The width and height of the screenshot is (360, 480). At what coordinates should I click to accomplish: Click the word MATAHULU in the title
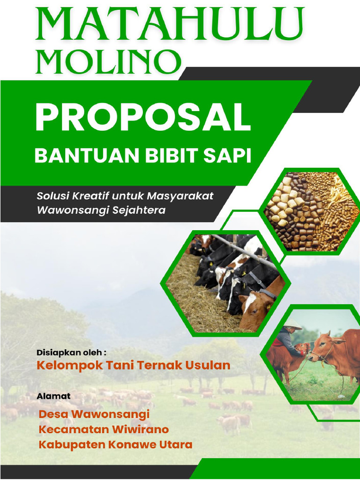[169, 25]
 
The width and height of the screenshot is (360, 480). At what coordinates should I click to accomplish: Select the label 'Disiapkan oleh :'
[71, 352]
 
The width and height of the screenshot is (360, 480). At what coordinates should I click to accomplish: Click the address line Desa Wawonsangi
[94, 414]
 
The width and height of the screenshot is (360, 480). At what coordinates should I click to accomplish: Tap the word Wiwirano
[140, 429]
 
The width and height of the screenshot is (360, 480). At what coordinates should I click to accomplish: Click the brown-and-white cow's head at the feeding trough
[255, 307]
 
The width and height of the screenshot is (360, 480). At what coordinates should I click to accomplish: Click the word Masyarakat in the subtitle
[180, 195]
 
